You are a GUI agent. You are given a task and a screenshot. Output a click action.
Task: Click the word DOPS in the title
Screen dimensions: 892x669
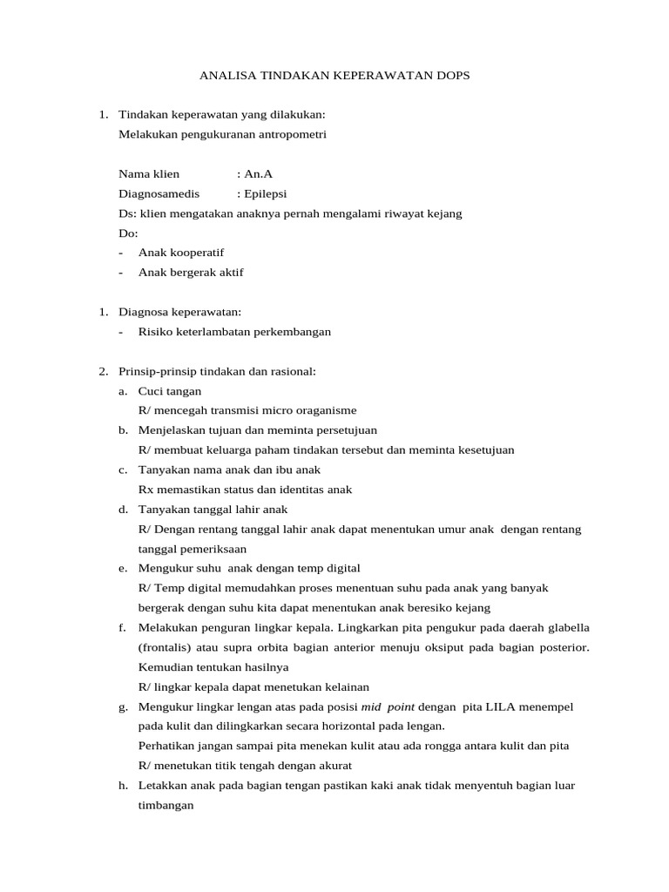coord(450,76)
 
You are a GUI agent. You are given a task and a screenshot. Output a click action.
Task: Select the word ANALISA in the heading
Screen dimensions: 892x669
coord(225,76)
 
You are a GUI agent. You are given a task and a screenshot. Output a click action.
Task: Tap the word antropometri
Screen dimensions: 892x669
coord(294,134)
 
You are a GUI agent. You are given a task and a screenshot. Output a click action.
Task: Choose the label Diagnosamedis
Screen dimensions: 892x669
coord(159,193)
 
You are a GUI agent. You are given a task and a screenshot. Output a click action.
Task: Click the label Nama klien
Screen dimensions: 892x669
coord(149,174)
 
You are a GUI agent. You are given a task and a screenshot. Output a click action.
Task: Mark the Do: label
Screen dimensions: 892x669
coord(128,233)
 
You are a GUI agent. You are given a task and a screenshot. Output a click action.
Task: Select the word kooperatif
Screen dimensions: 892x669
coord(196,253)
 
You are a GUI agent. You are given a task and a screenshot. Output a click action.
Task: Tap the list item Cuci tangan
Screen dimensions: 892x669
coord(170,391)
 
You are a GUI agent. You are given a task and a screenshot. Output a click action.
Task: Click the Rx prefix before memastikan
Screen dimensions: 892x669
coord(145,490)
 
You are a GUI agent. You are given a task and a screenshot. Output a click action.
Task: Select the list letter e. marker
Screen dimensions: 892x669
coord(123,568)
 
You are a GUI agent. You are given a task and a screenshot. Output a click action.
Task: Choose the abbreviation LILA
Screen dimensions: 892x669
coord(498,706)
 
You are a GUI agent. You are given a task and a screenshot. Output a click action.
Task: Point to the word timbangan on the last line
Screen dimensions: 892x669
coord(166,806)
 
